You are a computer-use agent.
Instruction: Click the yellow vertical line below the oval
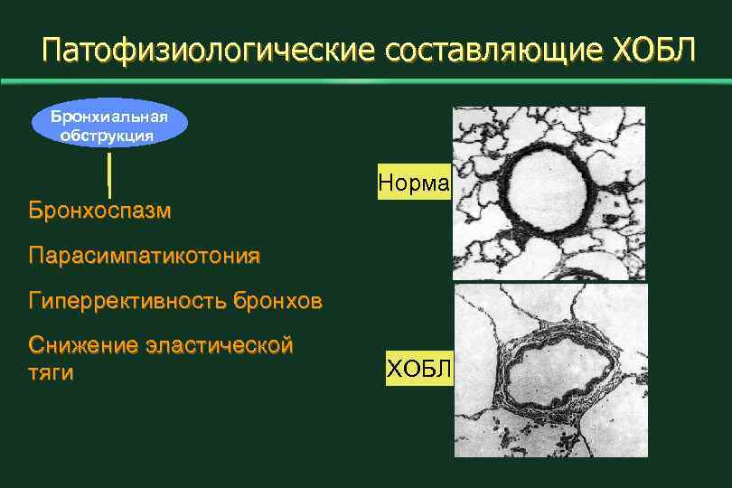tap(109, 174)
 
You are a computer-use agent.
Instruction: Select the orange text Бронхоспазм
tap(99, 211)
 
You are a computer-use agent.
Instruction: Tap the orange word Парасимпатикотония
tap(145, 256)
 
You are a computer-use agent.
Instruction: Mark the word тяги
tap(51, 372)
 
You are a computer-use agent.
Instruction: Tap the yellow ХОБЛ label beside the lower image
tap(420, 367)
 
